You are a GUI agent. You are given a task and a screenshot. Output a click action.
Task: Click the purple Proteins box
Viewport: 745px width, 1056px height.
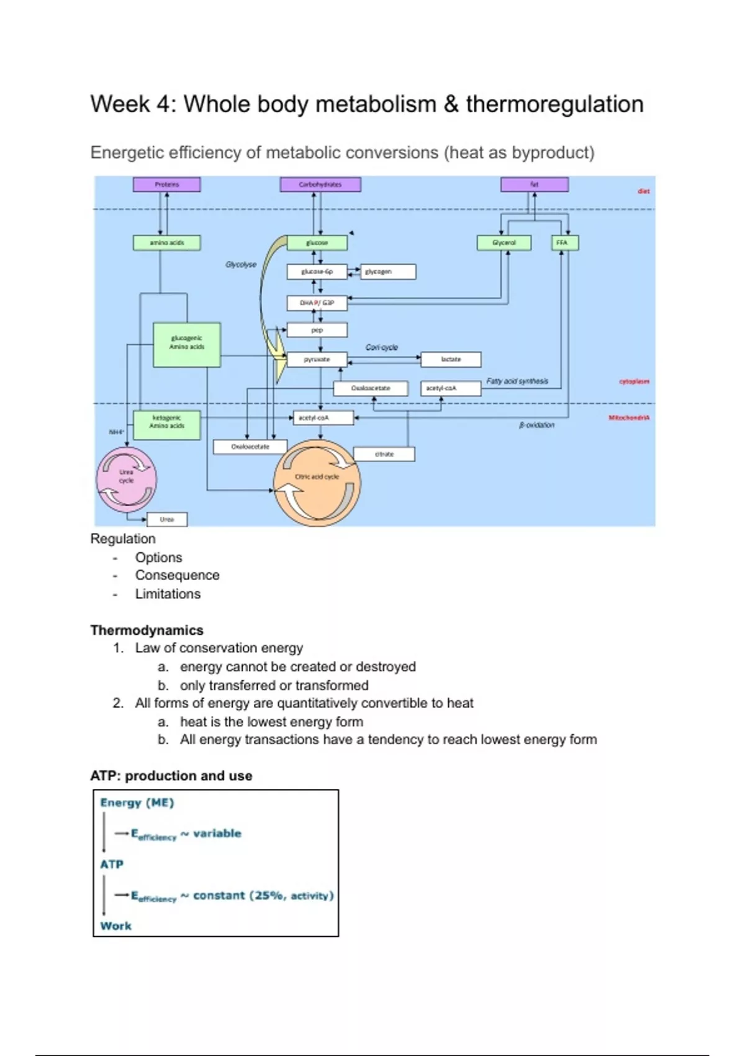tap(166, 184)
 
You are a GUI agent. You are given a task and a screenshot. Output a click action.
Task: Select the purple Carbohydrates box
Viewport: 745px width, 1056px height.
tap(320, 184)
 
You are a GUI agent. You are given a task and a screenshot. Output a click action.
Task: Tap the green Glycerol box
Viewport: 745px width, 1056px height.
tap(503, 243)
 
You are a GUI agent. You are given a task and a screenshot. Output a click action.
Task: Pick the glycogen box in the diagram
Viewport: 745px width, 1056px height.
tap(387, 271)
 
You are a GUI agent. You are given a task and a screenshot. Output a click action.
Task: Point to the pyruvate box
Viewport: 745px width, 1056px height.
tap(317, 360)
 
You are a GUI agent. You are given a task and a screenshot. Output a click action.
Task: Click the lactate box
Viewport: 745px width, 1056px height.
tap(451, 360)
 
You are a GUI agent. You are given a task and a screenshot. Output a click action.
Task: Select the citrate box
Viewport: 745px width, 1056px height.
tap(384, 454)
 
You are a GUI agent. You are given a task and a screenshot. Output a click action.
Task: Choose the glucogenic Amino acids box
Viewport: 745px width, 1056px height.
tap(187, 345)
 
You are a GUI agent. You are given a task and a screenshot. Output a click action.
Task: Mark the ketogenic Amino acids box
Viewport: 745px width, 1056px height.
tap(166, 425)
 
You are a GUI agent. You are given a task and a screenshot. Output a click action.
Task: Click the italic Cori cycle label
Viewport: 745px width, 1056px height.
tap(381, 347)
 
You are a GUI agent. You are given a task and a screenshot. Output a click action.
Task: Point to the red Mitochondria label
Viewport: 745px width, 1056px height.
tap(628, 418)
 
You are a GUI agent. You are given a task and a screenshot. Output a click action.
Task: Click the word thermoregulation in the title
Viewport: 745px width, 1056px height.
tap(554, 104)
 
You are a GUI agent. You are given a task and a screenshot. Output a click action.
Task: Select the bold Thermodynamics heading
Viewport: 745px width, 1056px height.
tap(147, 630)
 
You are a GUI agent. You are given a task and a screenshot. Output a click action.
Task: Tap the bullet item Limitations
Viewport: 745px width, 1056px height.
tap(168, 594)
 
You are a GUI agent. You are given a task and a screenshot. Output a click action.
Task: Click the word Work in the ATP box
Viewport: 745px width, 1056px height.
tap(115, 926)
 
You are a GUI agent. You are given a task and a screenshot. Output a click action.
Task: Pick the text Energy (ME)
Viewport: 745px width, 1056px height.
tap(137, 803)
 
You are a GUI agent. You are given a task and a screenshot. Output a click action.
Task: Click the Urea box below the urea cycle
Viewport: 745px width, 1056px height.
tap(167, 519)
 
